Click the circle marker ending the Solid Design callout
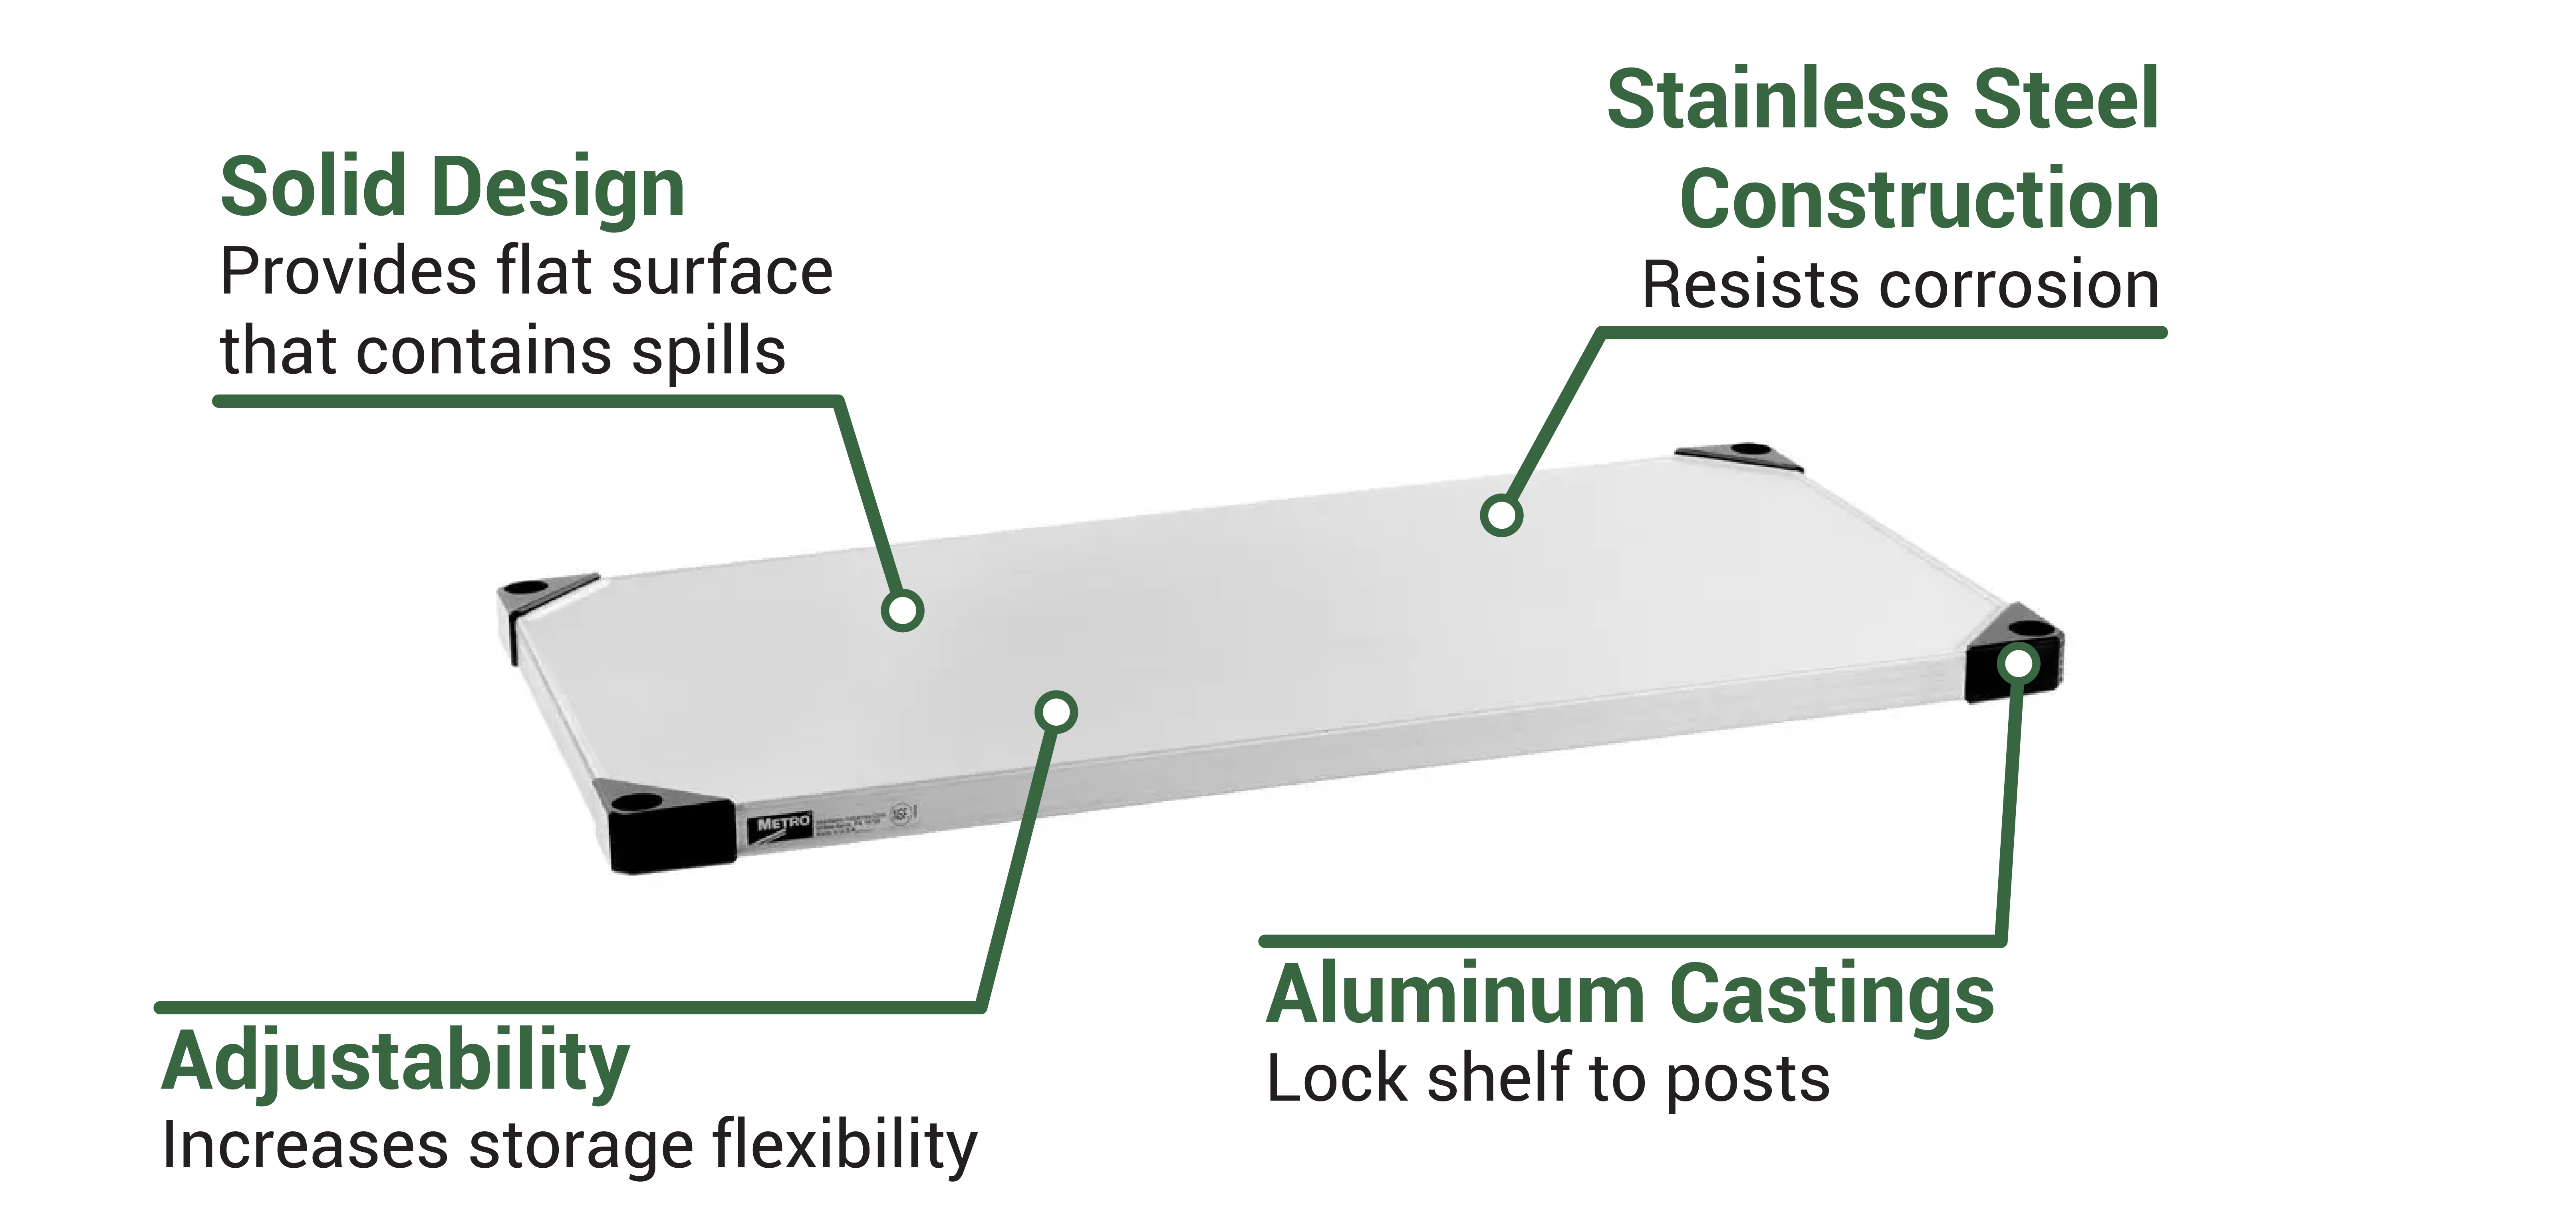902,610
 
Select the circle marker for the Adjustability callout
1056,712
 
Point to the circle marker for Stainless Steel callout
1501,514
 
